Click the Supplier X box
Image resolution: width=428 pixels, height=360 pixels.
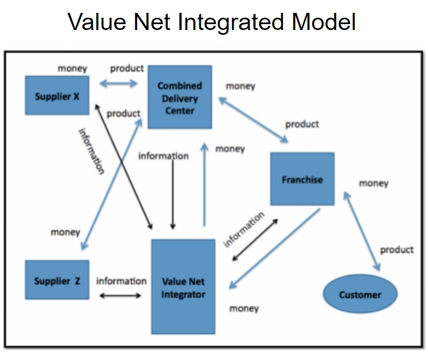point(57,96)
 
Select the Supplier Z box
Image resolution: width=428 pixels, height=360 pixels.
point(57,280)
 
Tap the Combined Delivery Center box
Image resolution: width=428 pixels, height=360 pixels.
point(179,97)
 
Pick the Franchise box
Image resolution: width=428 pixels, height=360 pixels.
point(302,179)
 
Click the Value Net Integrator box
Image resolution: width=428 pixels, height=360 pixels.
point(183,287)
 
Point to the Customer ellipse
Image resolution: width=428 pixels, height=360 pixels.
point(359,294)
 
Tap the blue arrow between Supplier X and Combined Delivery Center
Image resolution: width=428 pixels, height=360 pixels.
point(118,83)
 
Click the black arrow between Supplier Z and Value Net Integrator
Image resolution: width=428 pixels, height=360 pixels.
point(119,295)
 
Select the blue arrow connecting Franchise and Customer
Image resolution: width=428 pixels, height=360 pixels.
point(362,231)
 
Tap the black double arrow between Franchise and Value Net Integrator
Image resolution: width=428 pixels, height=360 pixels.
point(255,239)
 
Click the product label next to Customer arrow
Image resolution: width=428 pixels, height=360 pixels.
point(396,250)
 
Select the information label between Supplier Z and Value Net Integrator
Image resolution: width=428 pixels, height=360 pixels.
point(121,281)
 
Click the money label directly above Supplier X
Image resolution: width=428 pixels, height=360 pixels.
point(72,69)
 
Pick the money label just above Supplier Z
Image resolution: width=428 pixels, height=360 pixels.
point(65,232)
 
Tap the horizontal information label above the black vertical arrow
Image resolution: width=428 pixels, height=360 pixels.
point(163,156)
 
